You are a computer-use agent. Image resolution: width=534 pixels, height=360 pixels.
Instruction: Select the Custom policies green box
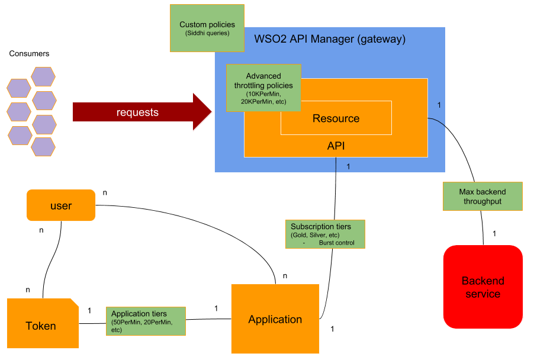point(207,28)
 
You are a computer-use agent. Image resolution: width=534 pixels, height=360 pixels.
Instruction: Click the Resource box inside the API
point(336,118)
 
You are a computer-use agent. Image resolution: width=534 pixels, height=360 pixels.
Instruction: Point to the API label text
point(336,146)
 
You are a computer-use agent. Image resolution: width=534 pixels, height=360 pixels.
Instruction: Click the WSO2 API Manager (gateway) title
point(330,40)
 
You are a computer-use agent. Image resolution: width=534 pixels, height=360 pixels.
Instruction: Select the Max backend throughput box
point(482,197)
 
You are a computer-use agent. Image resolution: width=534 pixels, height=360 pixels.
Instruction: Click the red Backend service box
point(482,287)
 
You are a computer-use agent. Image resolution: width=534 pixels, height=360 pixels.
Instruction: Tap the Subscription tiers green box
point(325,234)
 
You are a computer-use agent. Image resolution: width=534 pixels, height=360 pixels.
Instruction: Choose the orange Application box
point(275,319)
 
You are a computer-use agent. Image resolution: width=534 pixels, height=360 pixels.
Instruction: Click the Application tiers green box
point(146,322)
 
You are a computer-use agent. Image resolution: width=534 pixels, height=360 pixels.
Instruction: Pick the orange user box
point(61,205)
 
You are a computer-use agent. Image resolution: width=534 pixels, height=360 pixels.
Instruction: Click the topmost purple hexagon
point(43,76)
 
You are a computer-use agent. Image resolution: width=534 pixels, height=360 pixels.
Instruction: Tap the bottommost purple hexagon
point(43,146)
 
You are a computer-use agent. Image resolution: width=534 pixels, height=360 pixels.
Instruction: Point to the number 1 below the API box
point(348,166)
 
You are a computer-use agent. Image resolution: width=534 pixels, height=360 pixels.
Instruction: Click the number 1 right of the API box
point(439,105)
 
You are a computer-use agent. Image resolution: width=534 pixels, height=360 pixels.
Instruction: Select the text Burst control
point(336,243)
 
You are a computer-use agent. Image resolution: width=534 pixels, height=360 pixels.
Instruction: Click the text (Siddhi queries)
point(207,33)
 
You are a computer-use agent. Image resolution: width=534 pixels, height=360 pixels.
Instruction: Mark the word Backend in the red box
point(482,281)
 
